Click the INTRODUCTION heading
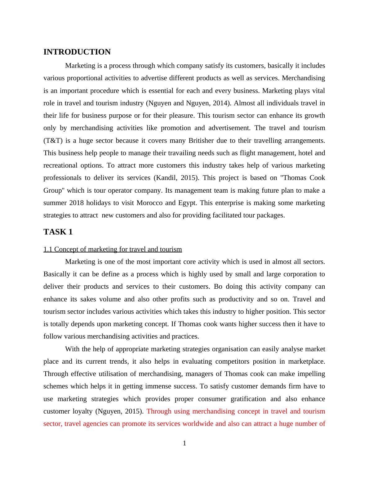(x=77, y=52)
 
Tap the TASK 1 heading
(x=58, y=232)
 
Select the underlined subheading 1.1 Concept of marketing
(x=113, y=249)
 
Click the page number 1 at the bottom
(x=184, y=444)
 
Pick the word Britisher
(x=201, y=141)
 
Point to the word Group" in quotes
(x=53, y=190)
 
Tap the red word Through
(x=159, y=411)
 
